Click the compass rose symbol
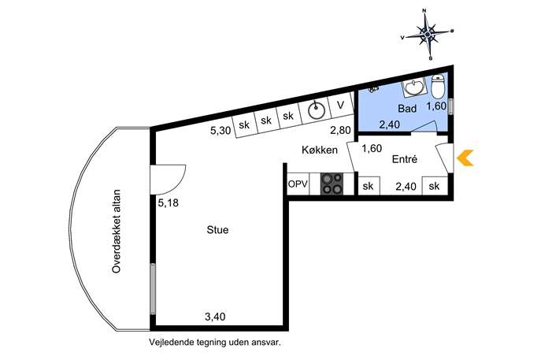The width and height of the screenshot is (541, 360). coord(428,34)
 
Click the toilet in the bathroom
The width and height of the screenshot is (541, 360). coord(439,87)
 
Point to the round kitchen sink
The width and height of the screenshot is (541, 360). coord(317,110)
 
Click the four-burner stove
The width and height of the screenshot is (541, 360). coord(332,184)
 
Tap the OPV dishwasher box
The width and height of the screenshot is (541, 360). coord(298,184)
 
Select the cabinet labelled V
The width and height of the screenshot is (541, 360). coord(341,105)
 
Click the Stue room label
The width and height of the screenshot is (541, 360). coord(217,230)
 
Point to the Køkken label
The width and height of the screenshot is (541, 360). coord(320,150)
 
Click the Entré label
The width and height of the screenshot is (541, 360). coord(405,159)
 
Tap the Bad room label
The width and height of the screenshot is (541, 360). coord(407,109)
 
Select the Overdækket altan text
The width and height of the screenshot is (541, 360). coord(117,232)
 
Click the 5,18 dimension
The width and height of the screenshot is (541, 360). coord(168,202)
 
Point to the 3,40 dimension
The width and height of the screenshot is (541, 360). coord(215,316)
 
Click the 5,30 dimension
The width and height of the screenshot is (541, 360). coord(220,131)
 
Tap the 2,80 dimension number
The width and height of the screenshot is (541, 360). coord(340,130)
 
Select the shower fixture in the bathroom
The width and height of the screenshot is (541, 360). coord(373,90)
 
